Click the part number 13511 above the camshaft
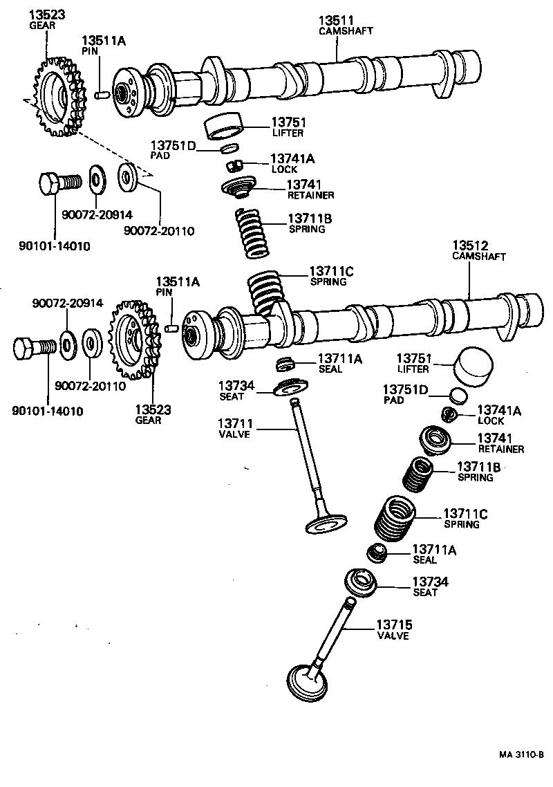point(335,21)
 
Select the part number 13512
point(470,246)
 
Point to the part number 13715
point(393,624)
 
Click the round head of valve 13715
point(308,683)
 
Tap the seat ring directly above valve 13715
point(361,582)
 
